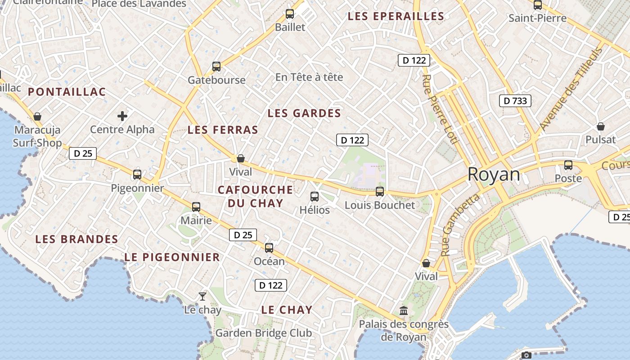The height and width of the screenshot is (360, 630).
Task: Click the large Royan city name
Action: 494,174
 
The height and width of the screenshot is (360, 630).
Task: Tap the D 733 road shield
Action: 515,101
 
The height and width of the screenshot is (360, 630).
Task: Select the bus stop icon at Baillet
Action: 290,14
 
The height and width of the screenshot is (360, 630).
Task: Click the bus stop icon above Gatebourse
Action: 216,67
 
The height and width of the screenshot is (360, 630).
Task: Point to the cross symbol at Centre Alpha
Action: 122,117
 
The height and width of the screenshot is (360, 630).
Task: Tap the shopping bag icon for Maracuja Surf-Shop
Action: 37,117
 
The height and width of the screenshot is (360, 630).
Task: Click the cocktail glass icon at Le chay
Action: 202,296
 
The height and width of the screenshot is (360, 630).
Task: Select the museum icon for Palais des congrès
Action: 404,310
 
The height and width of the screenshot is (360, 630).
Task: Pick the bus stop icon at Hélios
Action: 315,196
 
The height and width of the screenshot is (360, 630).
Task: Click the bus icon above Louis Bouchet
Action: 380,192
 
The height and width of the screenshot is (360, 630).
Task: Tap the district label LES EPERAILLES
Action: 396,17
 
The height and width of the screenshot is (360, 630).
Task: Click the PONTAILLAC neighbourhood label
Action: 67,92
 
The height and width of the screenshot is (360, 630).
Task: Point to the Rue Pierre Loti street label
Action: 439,109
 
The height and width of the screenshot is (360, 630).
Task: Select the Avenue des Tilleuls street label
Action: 571,89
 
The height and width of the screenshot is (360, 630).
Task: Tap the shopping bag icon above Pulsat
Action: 600,126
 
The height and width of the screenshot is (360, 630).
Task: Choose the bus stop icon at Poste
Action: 568,165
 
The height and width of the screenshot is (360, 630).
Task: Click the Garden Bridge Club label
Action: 264,333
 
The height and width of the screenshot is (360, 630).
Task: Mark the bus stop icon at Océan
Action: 269,247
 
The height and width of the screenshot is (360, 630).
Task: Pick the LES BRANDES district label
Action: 77,239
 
